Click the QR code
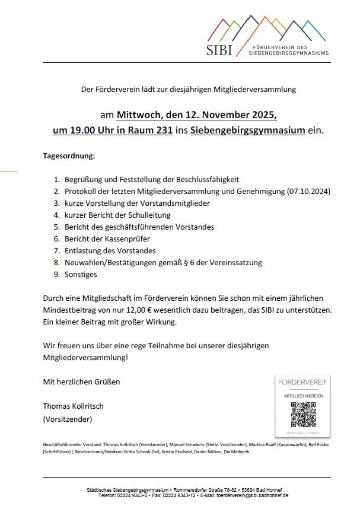[303, 415]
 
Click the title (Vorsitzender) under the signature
[68, 419]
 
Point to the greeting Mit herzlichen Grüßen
[81, 381]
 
